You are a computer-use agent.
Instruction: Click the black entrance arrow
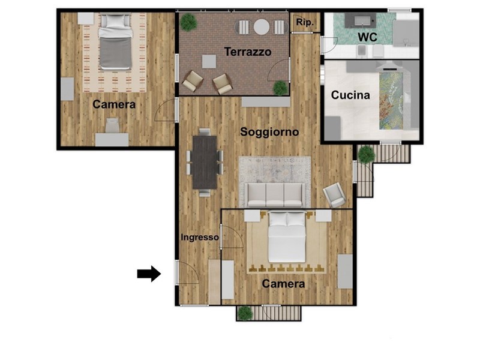[x=149, y=274]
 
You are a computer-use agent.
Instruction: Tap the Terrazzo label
[x=248, y=52]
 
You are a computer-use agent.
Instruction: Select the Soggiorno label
[x=269, y=132]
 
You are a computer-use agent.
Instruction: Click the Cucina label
[x=350, y=95]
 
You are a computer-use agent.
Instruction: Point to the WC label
[x=367, y=37]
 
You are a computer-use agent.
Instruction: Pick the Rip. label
[x=305, y=22]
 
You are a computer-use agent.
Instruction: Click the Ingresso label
[x=200, y=237]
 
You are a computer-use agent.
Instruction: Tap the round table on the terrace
[x=262, y=27]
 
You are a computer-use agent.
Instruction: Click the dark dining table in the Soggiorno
[x=205, y=162]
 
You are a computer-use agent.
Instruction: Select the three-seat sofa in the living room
[x=275, y=194]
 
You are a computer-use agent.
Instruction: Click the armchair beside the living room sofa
[x=335, y=194]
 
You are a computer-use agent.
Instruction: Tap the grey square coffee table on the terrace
[x=209, y=62]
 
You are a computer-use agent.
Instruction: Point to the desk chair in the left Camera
[x=112, y=125]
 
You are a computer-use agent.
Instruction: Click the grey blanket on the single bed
[x=115, y=53]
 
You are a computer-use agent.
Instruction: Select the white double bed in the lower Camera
[x=287, y=237]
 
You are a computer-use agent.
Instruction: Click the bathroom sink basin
[x=363, y=21]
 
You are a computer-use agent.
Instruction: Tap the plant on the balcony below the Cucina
[x=367, y=154]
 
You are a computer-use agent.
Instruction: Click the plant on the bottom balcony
[x=245, y=313]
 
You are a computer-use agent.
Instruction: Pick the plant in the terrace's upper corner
[x=188, y=22]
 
